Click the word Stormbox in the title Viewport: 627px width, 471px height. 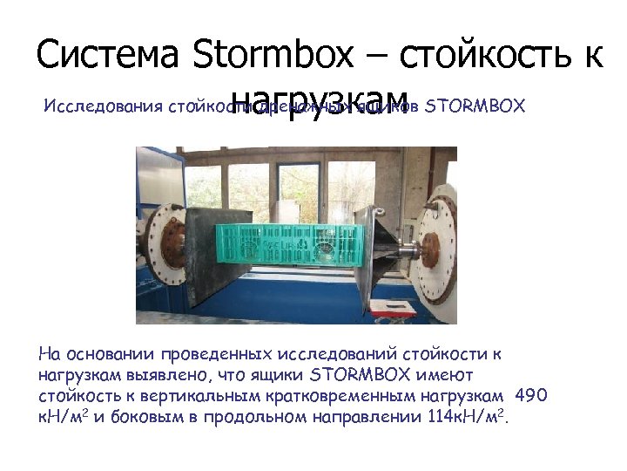point(272,55)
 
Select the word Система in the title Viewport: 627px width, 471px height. point(107,55)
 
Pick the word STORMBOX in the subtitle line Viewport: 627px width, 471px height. point(478,106)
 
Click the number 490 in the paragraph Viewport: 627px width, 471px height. point(531,396)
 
